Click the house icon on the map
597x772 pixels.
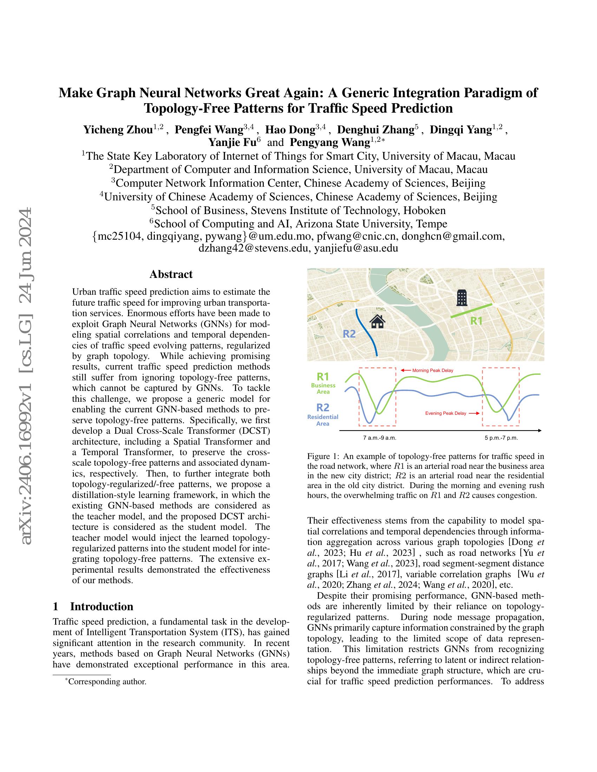pos(377,322)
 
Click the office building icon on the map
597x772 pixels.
pos(462,298)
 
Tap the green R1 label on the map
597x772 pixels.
pos(476,321)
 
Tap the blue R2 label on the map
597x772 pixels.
pos(349,334)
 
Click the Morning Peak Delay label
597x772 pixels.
pos(432,371)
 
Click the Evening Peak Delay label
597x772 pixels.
pos(445,413)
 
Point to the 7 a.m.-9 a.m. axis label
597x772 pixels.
pos(380,438)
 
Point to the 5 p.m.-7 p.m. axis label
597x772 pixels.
pos(501,438)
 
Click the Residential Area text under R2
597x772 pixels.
pos(322,420)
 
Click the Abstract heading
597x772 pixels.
pos(171,274)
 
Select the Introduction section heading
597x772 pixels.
pos(101,607)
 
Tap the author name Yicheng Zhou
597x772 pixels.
pos(118,130)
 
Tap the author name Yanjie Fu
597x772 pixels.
pos(232,142)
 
